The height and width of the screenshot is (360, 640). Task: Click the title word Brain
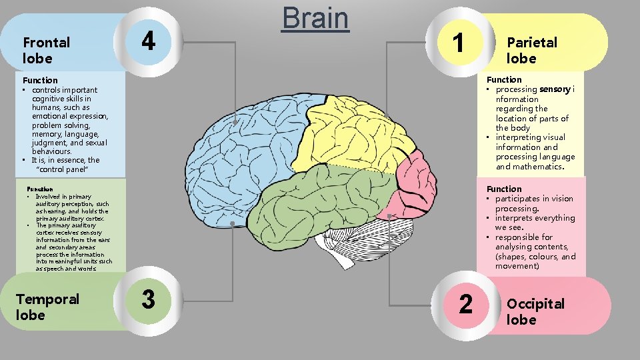(315, 19)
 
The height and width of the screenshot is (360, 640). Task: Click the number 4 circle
(148, 41)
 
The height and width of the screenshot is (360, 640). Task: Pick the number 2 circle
(466, 304)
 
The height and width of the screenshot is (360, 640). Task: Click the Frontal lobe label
(46, 50)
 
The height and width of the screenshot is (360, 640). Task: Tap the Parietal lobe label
(531, 50)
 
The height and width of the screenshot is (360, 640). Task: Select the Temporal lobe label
(47, 307)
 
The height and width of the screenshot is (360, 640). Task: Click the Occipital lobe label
(535, 311)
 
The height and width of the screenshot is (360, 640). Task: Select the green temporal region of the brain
(320, 200)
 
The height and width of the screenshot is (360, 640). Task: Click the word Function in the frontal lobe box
(40, 80)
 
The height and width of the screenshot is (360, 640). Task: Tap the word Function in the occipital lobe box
(504, 189)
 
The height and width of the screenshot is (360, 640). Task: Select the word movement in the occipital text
(517, 266)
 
